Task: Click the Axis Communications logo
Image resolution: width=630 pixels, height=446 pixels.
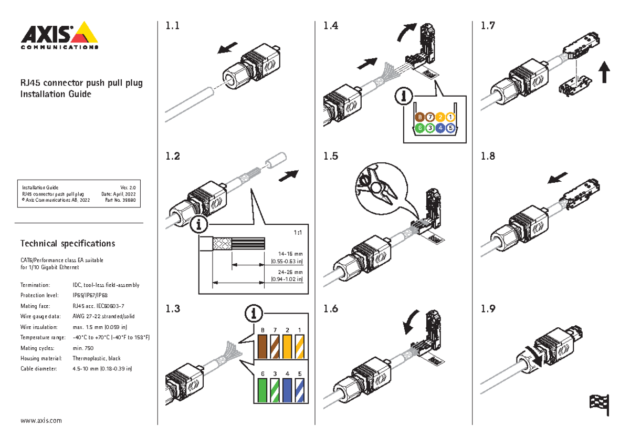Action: coord(59,35)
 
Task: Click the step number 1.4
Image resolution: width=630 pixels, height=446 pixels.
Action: coord(331,26)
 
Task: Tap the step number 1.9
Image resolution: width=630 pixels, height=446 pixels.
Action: coord(488,309)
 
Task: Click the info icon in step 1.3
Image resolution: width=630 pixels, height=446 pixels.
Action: coord(254,314)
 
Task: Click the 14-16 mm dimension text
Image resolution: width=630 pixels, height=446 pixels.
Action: coord(287,256)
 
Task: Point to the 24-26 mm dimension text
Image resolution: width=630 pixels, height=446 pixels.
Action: coord(287,276)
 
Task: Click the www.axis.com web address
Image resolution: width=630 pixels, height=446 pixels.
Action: coord(41,421)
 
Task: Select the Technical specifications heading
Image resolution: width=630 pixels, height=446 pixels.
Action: coord(67,244)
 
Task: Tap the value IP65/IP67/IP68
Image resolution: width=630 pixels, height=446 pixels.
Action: coord(90,295)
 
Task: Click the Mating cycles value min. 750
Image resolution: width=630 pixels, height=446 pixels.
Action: coord(83,348)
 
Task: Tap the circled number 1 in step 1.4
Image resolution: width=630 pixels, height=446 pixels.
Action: coord(451,117)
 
